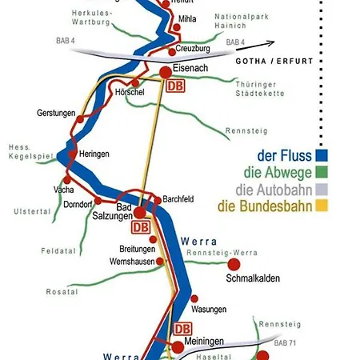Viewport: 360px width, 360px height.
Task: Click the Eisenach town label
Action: [190, 69]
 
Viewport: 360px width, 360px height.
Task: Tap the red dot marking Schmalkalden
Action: [234, 264]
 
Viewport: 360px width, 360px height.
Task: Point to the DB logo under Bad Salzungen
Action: [141, 227]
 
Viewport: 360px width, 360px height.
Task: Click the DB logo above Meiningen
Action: [183, 328]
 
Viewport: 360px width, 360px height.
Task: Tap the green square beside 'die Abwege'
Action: [324, 171]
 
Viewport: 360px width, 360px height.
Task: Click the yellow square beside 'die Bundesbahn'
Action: [324, 206]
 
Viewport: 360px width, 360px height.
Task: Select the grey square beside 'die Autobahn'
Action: [324, 189]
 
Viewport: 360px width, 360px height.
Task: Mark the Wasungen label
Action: [210, 309]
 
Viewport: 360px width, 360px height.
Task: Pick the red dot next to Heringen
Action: [73, 154]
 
